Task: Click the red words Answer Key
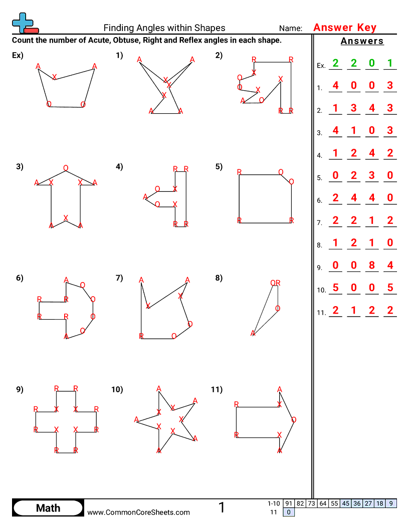344,28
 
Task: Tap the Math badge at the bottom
48,508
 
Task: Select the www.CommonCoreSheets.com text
139,512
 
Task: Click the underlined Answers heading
362,41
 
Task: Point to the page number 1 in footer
222,508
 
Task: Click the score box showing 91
288,503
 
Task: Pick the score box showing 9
391,503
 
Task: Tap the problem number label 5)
219,167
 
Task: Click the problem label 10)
117,389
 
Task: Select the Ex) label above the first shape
18,56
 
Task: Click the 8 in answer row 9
372,266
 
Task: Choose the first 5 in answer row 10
335,288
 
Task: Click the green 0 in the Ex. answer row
372,64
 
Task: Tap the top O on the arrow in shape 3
66,168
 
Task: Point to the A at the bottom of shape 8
253,333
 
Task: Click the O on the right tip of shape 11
294,420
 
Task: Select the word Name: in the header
291,29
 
